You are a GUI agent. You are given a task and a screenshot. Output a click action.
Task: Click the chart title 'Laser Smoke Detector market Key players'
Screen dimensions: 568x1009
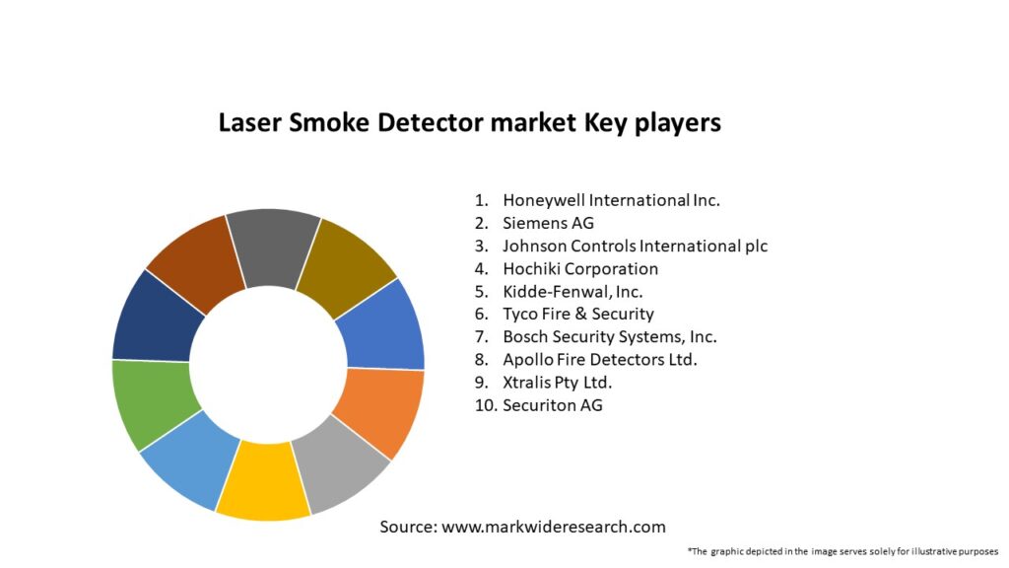click(469, 123)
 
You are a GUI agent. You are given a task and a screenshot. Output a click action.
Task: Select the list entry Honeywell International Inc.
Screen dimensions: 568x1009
click(611, 200)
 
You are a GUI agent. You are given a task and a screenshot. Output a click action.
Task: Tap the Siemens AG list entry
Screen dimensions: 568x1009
click(548, 223)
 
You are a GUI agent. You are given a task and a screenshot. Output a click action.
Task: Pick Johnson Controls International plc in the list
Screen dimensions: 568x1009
click(635, 246)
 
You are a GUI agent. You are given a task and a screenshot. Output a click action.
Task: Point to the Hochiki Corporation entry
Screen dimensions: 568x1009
click(579, 268)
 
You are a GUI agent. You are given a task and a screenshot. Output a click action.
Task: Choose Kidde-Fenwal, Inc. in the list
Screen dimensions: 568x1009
click(572, 291)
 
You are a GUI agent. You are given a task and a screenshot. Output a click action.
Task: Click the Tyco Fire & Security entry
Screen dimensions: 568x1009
click(577, 314)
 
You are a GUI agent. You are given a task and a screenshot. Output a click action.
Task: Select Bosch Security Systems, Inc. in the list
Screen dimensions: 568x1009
click(609, 336)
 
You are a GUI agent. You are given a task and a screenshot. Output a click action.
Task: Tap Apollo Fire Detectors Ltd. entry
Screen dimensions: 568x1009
click(599, 359)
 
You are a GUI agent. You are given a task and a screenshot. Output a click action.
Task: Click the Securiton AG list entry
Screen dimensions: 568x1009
click(552, 404)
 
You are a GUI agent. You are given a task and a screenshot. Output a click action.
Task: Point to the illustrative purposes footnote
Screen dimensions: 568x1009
click(842, 551)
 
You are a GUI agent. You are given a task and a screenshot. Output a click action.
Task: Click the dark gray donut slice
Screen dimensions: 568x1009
click(272, 247)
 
